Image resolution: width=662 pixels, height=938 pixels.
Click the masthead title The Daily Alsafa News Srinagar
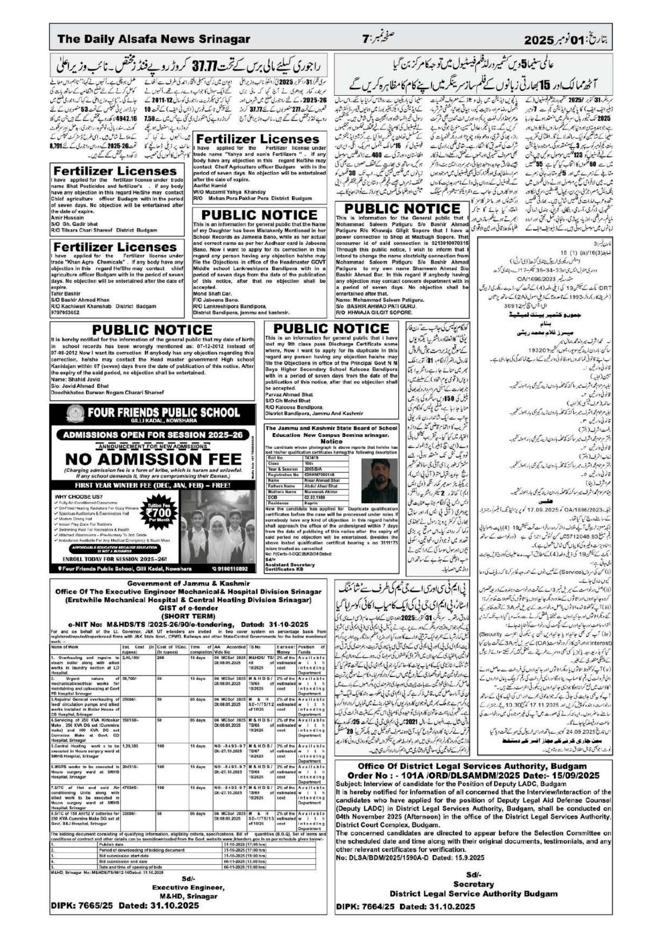[154, 40]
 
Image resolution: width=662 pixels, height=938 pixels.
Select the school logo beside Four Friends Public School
[73, 413]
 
